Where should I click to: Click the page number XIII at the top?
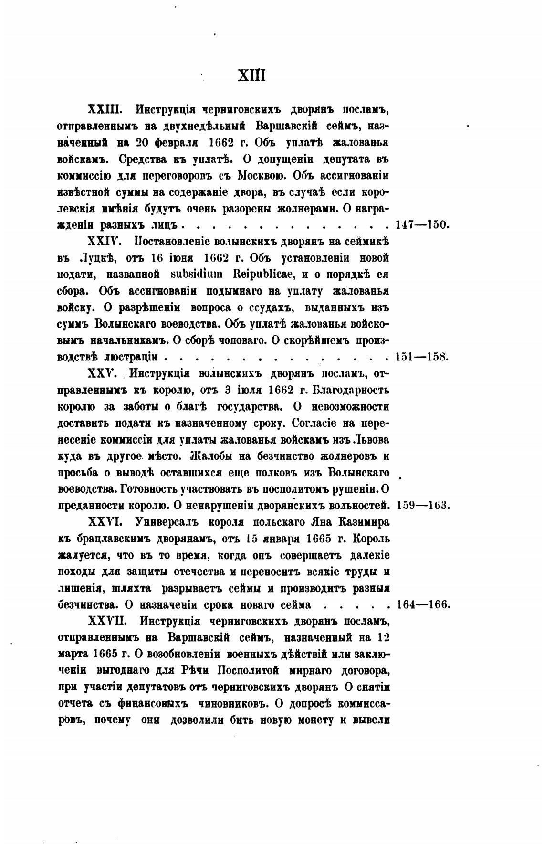coord(251,75)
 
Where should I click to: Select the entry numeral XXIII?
coord(105,109)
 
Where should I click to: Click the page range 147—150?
coord(422,224)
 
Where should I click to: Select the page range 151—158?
coord(422,357)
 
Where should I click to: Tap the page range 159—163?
coord(422,505)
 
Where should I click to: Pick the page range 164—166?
coord(423,604)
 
